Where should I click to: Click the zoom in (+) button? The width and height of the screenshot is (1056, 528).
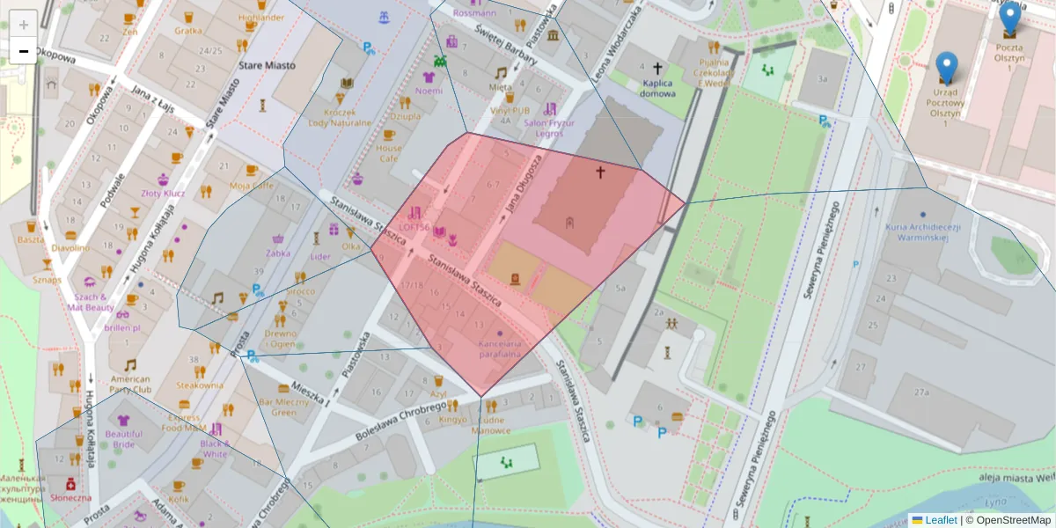[24, 24]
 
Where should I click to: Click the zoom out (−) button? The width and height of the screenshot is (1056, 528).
[24, 51]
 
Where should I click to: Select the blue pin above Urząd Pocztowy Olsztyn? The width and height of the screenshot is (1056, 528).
[946, 68]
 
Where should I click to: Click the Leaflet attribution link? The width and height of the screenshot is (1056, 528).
[940, 520]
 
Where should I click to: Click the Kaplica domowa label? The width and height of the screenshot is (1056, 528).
[657, 87]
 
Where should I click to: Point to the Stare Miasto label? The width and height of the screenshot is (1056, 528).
[267, 65]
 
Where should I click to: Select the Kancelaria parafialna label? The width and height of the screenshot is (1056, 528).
[500, 348]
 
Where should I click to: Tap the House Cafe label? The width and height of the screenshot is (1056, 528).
[388, 154]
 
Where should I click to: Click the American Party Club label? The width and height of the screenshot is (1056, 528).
[130, 384]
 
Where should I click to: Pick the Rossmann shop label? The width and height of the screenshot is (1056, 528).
[474, 13]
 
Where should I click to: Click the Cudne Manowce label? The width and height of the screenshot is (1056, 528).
[490, 425]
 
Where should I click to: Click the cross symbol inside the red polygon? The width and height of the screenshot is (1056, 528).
[601, 172]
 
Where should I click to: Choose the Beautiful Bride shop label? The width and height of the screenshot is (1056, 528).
[124, 438]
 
